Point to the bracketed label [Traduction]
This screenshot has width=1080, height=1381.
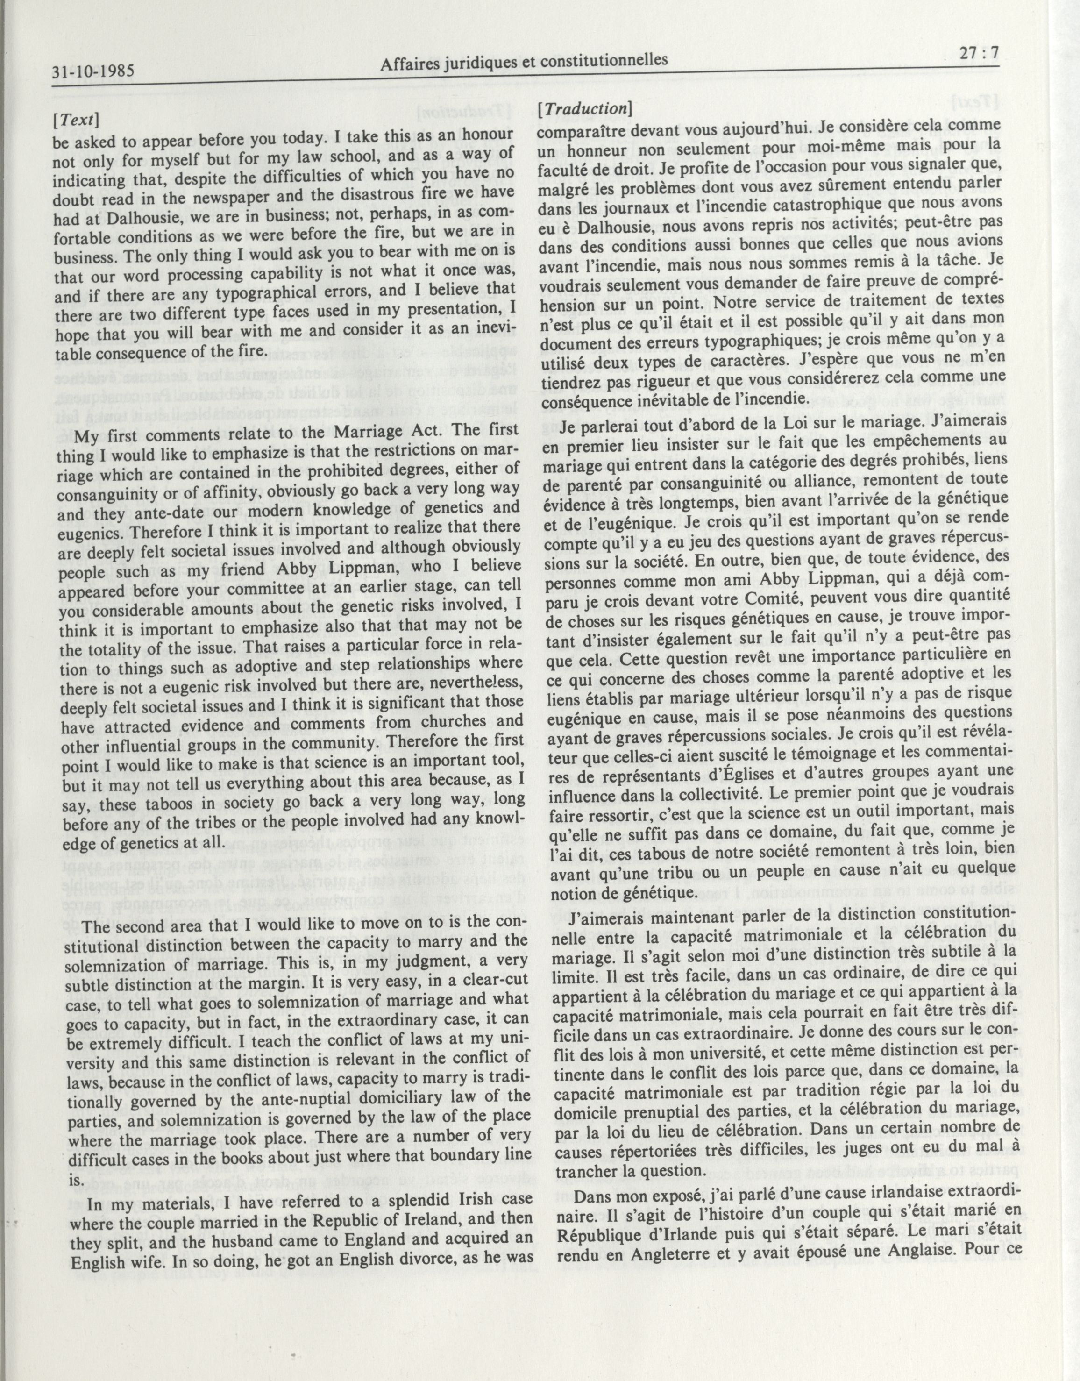[x=582, y=109]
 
